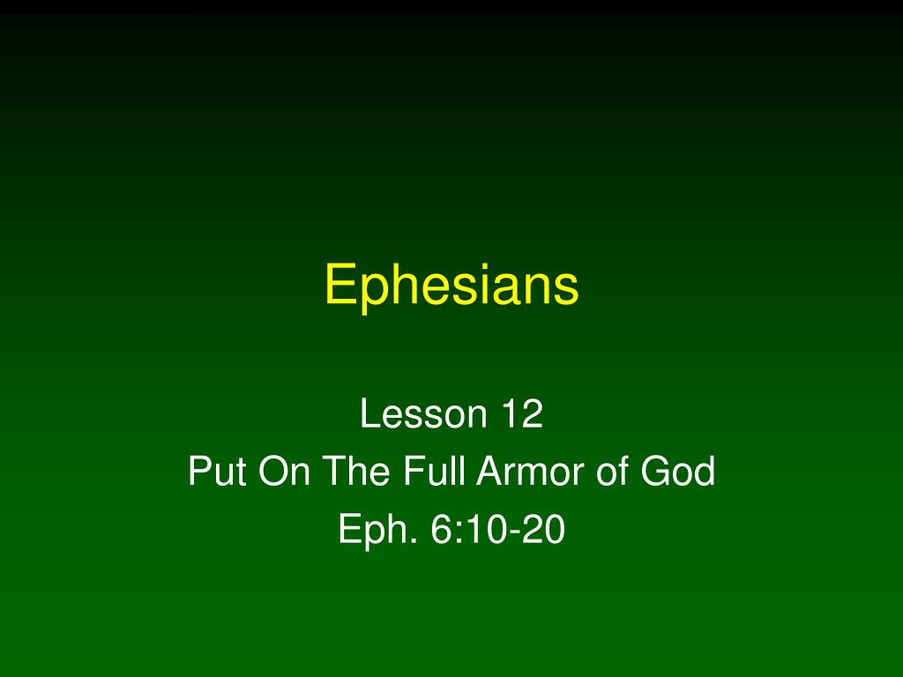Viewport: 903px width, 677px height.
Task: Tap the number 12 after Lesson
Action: click(523, 413)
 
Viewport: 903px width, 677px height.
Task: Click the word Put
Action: click(218, 471)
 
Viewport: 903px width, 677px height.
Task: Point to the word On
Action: click(285, 471)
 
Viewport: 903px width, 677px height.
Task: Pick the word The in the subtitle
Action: click(356, 471)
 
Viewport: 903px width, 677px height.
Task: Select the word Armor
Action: click(530, 471)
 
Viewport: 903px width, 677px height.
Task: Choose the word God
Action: click(678, 471)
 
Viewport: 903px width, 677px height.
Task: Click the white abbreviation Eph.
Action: click(377, 530)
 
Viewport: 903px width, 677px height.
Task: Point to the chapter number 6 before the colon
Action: click(443, 529)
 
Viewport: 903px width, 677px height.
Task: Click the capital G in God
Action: click(656, 471)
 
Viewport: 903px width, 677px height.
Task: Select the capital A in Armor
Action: click(491, 471)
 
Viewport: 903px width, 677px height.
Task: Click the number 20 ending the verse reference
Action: click(543, 529)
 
